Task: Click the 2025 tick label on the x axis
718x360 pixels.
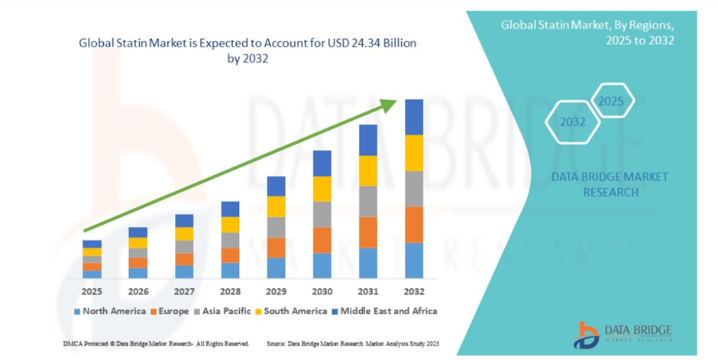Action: point(92,291)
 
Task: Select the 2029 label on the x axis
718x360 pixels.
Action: point(276,291)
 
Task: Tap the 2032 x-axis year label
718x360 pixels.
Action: point(414,291)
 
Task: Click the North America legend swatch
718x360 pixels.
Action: point(77,312)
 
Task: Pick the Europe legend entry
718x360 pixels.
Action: point(170,311)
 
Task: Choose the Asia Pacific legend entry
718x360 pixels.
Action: point(222,311)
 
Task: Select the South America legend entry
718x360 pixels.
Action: point(291,311)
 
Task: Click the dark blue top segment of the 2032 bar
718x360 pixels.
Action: point(414,117)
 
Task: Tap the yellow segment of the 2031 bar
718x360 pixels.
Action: point(368,171)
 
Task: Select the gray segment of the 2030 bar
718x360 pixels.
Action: point(322,214)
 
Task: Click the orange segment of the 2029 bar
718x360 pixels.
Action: point(276,248)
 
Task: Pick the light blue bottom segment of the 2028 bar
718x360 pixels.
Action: point(231,271)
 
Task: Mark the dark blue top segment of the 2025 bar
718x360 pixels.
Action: point(92,244)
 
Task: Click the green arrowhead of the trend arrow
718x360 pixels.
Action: point(389,105)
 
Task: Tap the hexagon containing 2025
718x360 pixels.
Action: point(611,100)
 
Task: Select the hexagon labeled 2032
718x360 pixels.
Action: point(572,122)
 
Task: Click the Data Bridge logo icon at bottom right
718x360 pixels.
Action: point(586,335)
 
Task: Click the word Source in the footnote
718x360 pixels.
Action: point(275,343)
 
